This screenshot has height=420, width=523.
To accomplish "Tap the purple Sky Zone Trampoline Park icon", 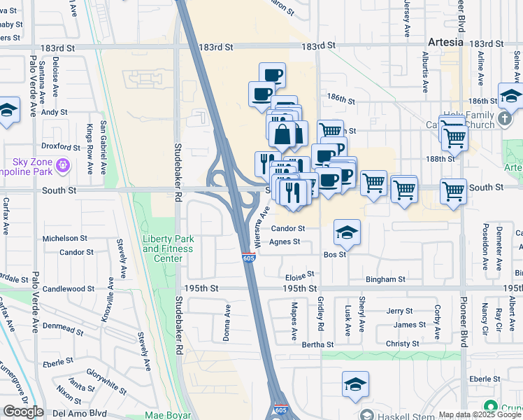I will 64,165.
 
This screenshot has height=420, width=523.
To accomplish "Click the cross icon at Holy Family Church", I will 506,120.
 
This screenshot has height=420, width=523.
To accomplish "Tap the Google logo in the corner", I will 23,412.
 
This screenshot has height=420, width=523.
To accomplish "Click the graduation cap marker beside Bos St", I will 347,232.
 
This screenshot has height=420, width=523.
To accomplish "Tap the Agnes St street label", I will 285,242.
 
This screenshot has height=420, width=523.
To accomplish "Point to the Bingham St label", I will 385,279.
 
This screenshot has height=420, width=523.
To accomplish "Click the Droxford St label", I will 60,147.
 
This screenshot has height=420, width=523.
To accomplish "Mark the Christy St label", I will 402,344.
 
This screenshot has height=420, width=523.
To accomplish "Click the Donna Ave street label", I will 227,323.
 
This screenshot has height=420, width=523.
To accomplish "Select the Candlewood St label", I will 69,288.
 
